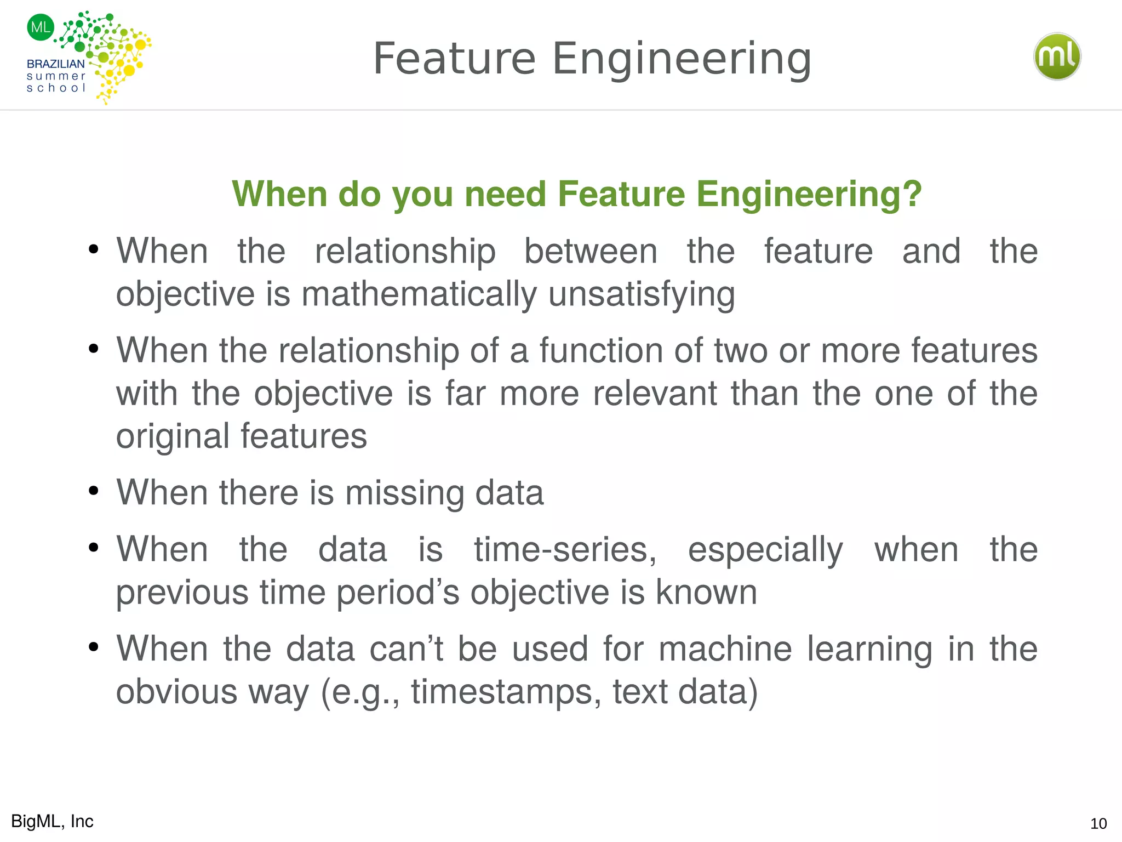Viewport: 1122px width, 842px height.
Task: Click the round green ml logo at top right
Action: (x=1057, y=56)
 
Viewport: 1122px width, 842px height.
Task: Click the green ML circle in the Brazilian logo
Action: (x=41, y=27)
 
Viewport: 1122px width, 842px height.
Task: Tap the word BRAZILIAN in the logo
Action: (x=55, y=64)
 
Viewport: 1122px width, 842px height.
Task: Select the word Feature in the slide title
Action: (x=454, y=59)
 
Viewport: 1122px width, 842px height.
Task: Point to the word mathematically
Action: (x=419, y=294)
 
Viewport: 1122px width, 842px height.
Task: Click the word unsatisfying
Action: (x=642, y=294)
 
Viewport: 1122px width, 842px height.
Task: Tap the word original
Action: (x=172, y=436)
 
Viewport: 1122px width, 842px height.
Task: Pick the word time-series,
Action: (x=565, y=550)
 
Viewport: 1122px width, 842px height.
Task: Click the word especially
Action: (x=765, y=550)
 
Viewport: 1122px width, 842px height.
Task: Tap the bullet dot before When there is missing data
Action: (x=94, y=491)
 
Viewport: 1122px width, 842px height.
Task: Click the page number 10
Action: (x=1098, y=823)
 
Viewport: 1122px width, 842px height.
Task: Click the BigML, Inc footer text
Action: (x=52, y=821)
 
